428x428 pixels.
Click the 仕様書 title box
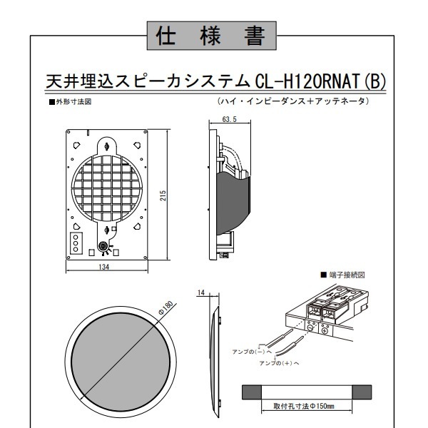click(x=212, y=36)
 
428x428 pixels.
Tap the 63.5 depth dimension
click(x=229, y=119)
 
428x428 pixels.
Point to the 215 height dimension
click(x=163, y=195)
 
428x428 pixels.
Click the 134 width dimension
click(x=103, y=267)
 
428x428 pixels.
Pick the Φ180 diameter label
click(x=166, y=307)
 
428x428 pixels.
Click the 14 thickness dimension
click(x=201, y=292)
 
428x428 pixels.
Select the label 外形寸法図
click(x=71, y=102)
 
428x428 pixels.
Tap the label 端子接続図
click(x=343, y=275)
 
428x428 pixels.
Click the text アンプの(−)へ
click(x=252, y=352)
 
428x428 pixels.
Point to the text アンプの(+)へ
click(x=279, y=363)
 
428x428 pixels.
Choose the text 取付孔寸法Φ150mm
click(x=304, y=406)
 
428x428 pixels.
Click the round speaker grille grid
click(x=106, y=189)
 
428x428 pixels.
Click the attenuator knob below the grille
click(x=103, y=246)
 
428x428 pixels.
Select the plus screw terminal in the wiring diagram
click(x=325, y=331)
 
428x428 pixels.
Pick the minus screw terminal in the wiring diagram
click(x=310, y=328)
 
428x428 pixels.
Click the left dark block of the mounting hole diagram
click(x=252, y=392)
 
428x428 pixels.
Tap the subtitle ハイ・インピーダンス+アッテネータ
click(x=293, y=101)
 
